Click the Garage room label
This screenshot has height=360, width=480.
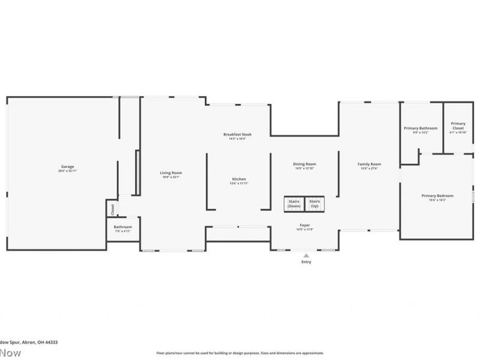67,166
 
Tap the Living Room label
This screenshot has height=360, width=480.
170,173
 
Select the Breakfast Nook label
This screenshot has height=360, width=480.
237,134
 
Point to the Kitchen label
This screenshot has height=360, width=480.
239,179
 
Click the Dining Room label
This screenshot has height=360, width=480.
304,164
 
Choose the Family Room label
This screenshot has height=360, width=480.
369,164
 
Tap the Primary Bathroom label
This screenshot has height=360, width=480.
420,128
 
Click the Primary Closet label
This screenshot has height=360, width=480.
458,125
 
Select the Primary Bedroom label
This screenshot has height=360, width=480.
437,196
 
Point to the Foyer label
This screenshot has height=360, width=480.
305,224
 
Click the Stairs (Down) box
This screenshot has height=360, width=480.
294,204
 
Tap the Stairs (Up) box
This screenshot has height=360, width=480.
314,204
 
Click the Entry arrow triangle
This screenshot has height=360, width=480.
306,256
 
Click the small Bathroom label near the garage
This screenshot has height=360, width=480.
122,227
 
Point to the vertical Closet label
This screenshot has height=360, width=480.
112,209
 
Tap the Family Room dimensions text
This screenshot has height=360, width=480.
369,169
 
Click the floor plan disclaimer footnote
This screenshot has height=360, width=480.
240,353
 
